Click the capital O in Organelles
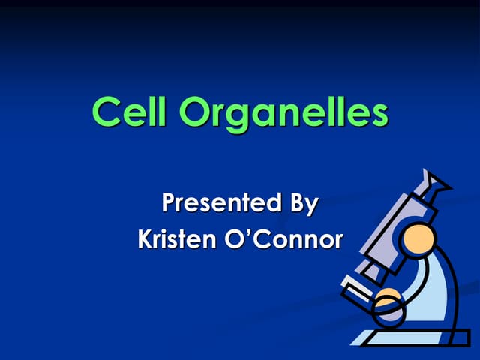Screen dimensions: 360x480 197,113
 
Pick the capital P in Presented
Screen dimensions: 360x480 171,203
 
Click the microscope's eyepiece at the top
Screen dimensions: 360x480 434,184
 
